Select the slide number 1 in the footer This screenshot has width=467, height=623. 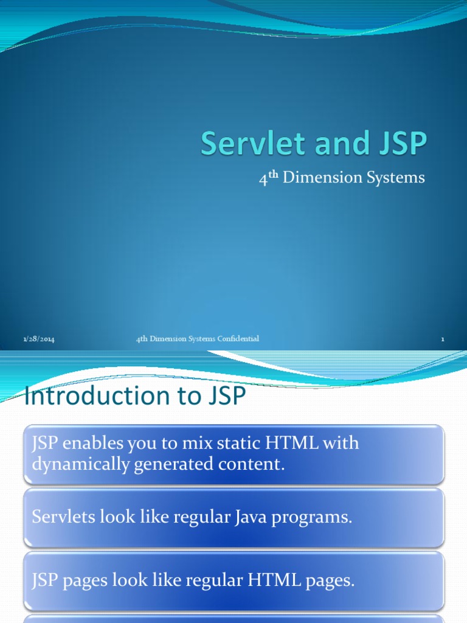point(443,339)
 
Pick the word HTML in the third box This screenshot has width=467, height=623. point(275,580)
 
